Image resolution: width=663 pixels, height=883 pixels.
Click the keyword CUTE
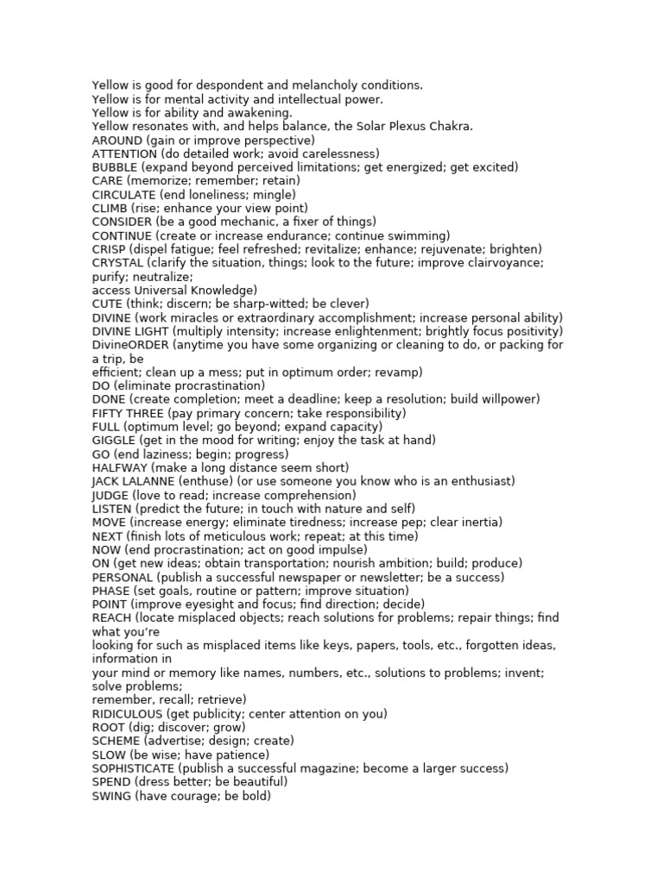tap(108, 304)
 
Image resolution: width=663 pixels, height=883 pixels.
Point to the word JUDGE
tap(110, 495)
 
